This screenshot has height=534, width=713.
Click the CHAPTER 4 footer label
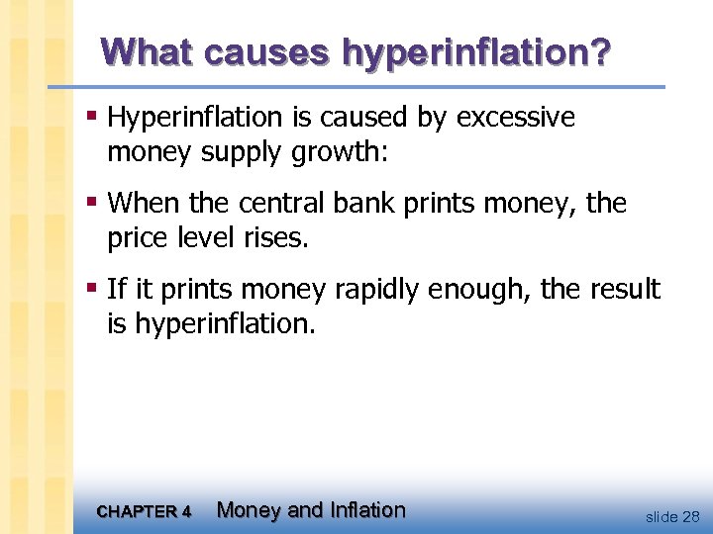point(145,512)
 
